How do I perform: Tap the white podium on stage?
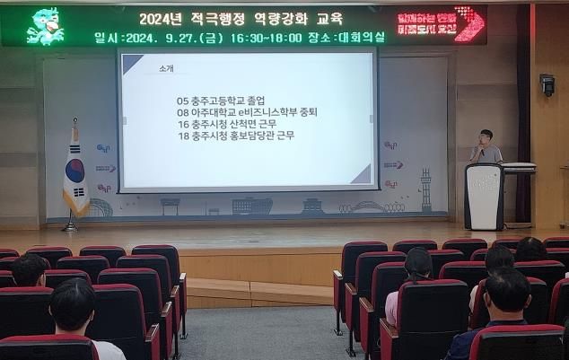click(x=485, y=196)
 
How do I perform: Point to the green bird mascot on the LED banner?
click(x=44, y=25)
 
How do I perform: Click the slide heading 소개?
click(x=166, y=69)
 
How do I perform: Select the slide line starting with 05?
click(x=221, y=101)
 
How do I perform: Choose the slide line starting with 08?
click(x=248, y=113)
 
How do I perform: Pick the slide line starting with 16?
click(x=228, y=124)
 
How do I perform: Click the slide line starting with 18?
click(x=236, y=136)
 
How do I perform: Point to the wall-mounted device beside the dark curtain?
click(x=547, y=84)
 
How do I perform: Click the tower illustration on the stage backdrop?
click(x=425, y=189)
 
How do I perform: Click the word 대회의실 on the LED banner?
click(x=362, y=38)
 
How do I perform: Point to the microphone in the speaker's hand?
click(x=480, y=152)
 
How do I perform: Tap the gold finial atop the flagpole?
click(x=74, y=123)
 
